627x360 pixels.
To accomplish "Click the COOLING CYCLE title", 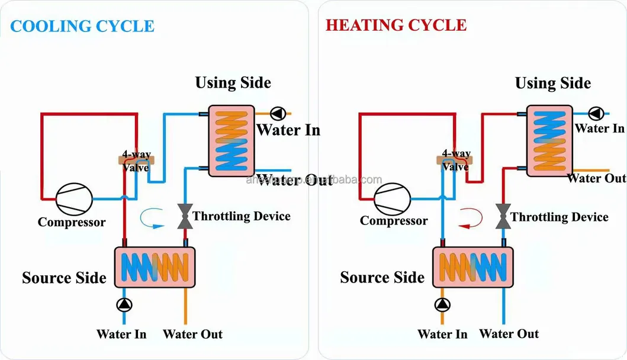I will (82, 26).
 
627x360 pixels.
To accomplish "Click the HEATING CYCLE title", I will (396, 25).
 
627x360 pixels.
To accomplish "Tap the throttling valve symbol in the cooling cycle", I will (185, 216).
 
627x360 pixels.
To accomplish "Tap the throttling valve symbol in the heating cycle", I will (504, 216).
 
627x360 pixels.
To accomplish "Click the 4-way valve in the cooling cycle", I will (137, 159).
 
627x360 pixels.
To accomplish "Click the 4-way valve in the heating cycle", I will (455, 159).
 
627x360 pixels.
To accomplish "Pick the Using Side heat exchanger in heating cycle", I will (550, 140).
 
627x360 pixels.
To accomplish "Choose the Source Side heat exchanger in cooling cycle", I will (155, 267).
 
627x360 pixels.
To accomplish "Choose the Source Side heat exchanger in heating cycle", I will (473, 267).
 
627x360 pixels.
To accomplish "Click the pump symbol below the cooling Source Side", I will (124, 305).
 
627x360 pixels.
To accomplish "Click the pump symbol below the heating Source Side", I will (442, 305).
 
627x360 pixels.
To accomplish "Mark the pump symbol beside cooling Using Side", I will (277, 113).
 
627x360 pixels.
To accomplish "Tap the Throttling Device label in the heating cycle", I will (560, 217).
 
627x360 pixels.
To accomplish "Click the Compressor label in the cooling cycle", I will (72, 223).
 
